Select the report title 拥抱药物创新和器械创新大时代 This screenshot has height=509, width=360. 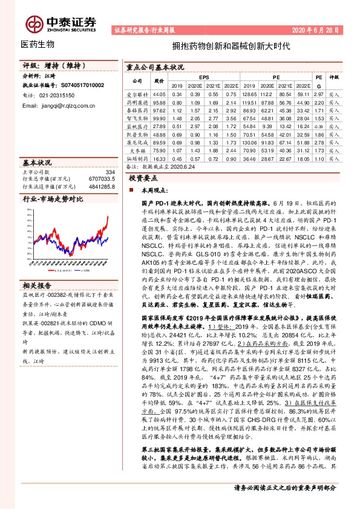[232, 45]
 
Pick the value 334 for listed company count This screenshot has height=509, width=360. [110, 173]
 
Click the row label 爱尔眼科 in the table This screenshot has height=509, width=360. [137, 95]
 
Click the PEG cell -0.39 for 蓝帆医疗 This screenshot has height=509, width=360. [319, 126]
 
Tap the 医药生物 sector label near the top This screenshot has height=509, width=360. [38, 45]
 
